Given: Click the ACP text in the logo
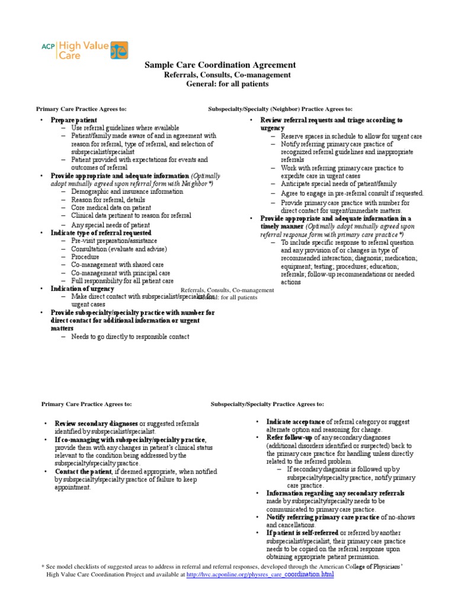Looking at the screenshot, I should coord(47,43).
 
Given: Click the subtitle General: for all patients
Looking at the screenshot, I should coord(227,84).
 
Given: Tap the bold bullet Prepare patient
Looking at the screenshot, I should coord(73,119).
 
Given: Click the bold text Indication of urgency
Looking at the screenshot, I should coord(82,288).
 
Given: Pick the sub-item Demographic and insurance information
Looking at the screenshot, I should coord(127,192).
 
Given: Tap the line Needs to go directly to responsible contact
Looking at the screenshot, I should coord(130,337).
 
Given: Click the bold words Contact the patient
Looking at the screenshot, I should coord(85,471).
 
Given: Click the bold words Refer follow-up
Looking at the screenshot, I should coord(286,437).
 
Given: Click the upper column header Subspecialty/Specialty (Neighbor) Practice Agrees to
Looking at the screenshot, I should coord(280,109).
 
